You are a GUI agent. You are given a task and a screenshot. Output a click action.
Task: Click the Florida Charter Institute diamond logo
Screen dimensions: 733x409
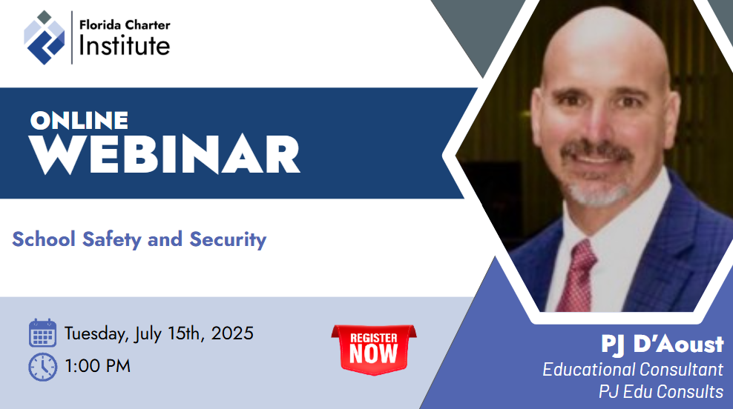(45, 37)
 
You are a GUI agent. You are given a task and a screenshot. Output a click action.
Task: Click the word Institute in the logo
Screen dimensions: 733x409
(125, 45)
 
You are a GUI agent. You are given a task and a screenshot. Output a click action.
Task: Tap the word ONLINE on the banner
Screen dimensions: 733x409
(79, 121)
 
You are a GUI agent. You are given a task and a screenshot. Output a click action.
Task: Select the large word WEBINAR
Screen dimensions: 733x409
(164, 155)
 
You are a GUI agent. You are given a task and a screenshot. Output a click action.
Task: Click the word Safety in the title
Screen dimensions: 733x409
(112, 239)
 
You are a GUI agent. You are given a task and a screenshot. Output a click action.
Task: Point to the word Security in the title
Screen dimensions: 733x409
(228, 239)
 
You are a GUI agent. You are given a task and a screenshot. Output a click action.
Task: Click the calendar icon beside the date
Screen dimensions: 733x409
(42, 333)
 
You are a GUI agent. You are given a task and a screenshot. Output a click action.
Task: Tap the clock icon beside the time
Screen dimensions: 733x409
(42, 367)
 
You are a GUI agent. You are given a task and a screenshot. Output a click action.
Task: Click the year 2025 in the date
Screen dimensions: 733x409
(232, 333)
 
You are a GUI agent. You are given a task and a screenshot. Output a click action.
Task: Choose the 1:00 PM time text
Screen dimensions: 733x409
(98, 366)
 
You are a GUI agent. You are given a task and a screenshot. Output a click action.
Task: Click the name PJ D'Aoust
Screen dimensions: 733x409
(663, 345)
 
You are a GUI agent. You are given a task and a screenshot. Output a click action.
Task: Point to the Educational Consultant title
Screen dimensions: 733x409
(633, 369)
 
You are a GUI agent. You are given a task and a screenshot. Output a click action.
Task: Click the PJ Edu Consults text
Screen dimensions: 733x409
(661, 391)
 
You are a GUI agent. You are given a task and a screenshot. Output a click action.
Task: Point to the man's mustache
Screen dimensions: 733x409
(597, 151)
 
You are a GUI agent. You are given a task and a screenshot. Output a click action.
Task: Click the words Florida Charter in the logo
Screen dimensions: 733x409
(125, 24)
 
